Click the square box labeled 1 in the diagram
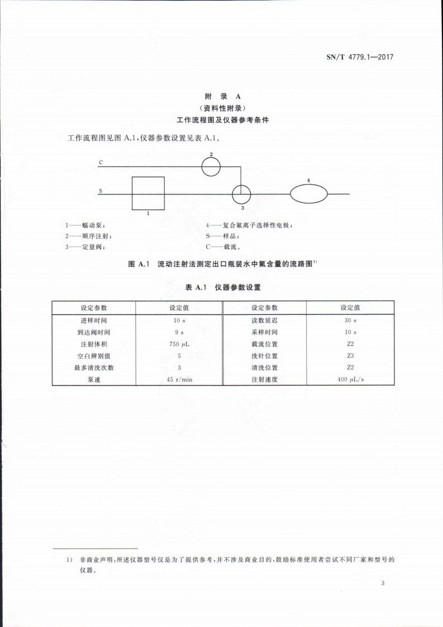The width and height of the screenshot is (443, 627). coord(148,193)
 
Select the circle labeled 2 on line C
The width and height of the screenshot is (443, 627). coord(211,167)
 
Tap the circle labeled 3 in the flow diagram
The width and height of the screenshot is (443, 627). coord(242,194)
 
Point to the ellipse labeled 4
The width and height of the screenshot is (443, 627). coord(308,194)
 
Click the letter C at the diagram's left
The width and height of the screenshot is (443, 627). coord(101,163)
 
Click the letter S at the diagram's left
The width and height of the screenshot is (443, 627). coord(101,191)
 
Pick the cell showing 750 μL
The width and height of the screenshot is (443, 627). coord(179,344)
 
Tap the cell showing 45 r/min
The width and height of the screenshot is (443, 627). coord(179,379)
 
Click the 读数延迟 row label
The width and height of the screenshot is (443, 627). coord(265,320)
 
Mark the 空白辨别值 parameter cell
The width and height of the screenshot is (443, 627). coord(94,355)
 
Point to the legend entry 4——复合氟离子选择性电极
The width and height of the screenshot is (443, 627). coord(249,225)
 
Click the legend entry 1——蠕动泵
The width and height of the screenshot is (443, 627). coord(85,225)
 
